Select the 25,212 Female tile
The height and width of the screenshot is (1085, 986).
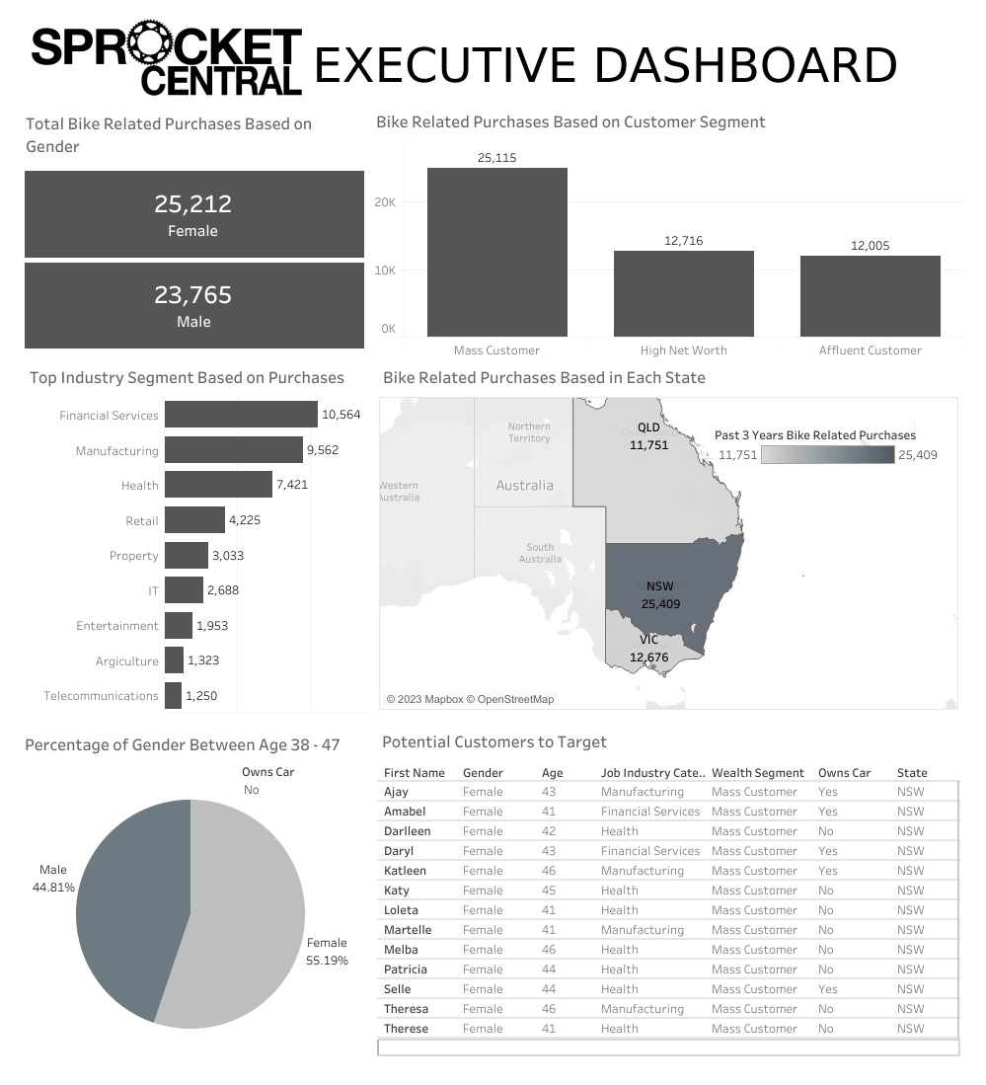coord(193,214)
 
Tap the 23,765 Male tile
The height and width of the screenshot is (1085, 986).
coord(193,305)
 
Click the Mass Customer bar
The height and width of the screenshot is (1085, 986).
coord(496,253)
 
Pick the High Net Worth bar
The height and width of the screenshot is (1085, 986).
coord(683,293)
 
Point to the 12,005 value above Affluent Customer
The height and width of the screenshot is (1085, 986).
coord(870,246)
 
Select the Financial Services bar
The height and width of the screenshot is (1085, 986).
coord(241,415)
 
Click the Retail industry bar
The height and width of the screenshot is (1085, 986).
coord(194,520)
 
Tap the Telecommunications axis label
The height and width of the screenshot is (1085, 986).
coord(101,696)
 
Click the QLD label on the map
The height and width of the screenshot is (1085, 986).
coord(648,428)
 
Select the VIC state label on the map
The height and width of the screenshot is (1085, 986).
coord(648,640)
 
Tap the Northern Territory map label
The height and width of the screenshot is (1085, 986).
coord(529,432)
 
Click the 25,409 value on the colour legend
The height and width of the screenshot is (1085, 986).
coord(918,455)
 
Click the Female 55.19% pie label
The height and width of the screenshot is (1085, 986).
coord(327,951)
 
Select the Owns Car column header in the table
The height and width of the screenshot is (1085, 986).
coord(844,773)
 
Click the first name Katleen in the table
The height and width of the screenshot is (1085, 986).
coord(405,871)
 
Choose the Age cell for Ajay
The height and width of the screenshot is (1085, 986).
coord(549,792)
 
